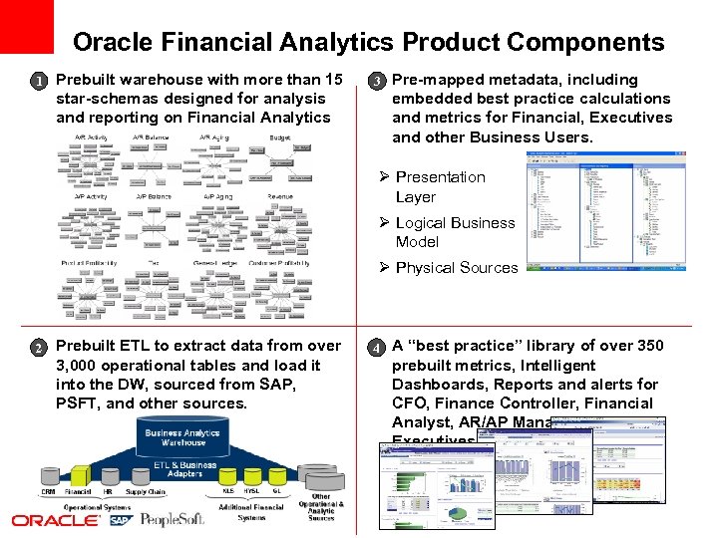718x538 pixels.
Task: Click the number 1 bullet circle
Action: tap(37, 81)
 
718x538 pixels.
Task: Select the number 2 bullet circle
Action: tap(37, 348)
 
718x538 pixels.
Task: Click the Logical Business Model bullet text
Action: tap(455, 232)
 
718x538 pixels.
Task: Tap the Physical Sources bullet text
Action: tap(456, 267)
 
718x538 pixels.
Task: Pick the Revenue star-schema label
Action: tap(280, 196)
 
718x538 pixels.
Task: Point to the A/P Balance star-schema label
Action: tap(153, 196)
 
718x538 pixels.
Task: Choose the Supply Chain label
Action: tap(146, 492)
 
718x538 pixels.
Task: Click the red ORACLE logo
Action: tap(56, 520)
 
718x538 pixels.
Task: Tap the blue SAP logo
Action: tap(120, 520)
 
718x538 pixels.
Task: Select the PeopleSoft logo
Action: tap(173, 520)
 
